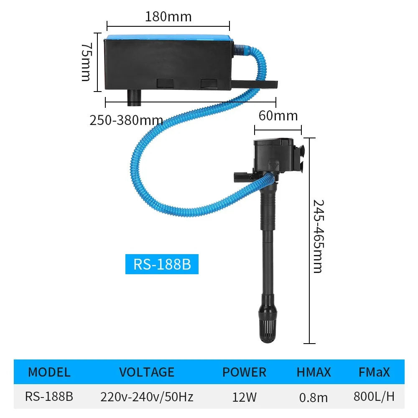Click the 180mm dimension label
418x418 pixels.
[x=168, y=17]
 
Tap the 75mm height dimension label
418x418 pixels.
[x=86, y=61]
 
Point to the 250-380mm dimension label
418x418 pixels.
[x=126, y=120]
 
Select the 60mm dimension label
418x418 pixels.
[x=278, y=115]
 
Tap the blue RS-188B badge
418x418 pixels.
[x=162, y=265]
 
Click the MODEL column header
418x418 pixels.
[x=49, y=372]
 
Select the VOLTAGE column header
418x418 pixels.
[x=146, y=372]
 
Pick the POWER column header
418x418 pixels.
[x=244, y=372]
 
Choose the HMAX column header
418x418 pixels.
[x=313, y=372]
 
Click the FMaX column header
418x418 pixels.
[x=374, y=372]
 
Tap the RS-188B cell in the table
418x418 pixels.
[x=49, y=396]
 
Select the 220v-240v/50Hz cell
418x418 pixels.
[x=147, y=396]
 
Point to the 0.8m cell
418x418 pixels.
[x=313, y=397]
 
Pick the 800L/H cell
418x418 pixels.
[x=374, y=396]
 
